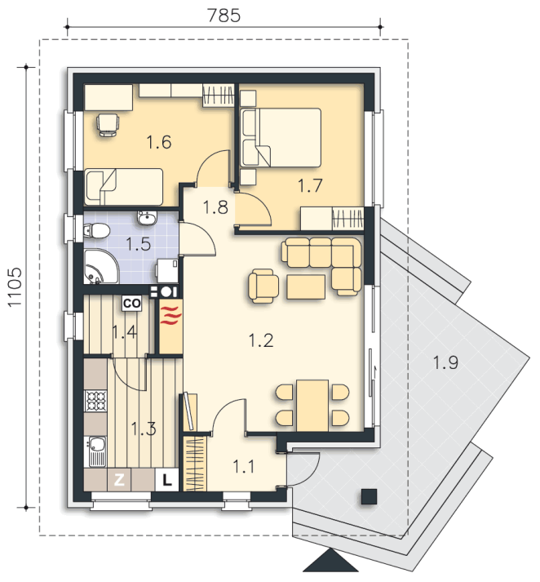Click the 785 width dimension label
pyautogui.click(x=224, y=16)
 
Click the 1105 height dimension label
pyautogui.click(x=15, y=287)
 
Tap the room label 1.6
pyautogui.click(x=159, y=142)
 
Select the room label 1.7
pyautogui.click(x=310, y=185)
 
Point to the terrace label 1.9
pyautogui.click(x=445, y=362)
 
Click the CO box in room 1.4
pyautogui.click(x=131, y=304)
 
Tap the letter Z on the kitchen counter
pyautogui.click(x=118, y=480)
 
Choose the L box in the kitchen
pyautogui.click(x=167, y=481)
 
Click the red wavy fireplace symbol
pyautogui.click(x=171, y=315)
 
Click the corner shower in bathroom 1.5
pyautogui.click(x=100, y=266)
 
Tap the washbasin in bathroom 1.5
pyautogui.click(x=148, y=217)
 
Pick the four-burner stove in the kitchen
pyautogui.click(x=96, y=401)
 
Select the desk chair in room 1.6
pyautogui.click(x=108, y=125)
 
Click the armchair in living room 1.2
pyautogui.click(x=263, y=285)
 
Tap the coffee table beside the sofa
pyautogui.click(x=306, y=287)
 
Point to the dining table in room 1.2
pyautogui.click(x=312, y=406)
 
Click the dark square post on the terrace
pyautogui.click(x=369, y=496)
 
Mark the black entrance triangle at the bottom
pyautogui.click(x=331, y=562)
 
